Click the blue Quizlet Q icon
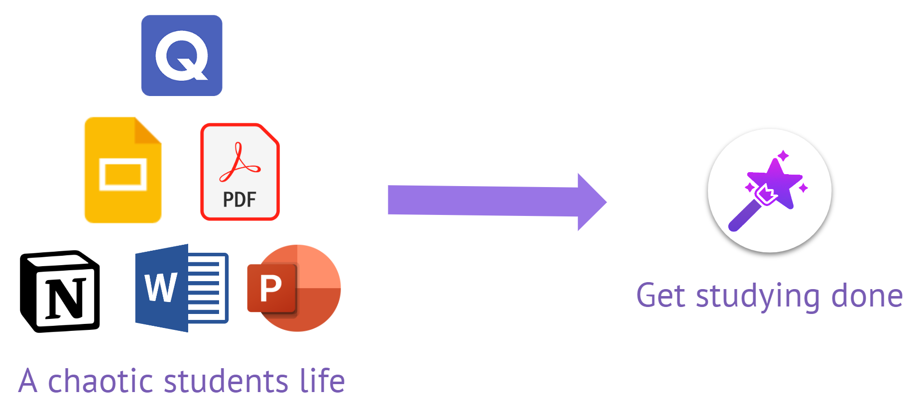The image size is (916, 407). pos(182,55)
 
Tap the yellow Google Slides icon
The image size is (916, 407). pos(123,170)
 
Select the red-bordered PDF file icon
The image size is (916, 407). pos(240,172)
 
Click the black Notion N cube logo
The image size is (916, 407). pos(60,291)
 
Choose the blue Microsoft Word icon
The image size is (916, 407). pos(181,288)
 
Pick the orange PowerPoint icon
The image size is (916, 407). pos(294,288)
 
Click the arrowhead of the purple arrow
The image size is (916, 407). pos(591,202)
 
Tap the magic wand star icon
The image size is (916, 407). pos(770,191)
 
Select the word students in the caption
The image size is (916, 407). pos(226,381)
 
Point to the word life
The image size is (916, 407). pos(322,381)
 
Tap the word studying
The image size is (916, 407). pos(757,297)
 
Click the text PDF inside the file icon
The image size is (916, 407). pos(239,200)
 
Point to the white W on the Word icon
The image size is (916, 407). pos(161,288)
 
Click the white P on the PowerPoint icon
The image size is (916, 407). pos(271,288)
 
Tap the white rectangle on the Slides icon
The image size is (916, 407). pos(123,175)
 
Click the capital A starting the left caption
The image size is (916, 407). pos(28,381)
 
